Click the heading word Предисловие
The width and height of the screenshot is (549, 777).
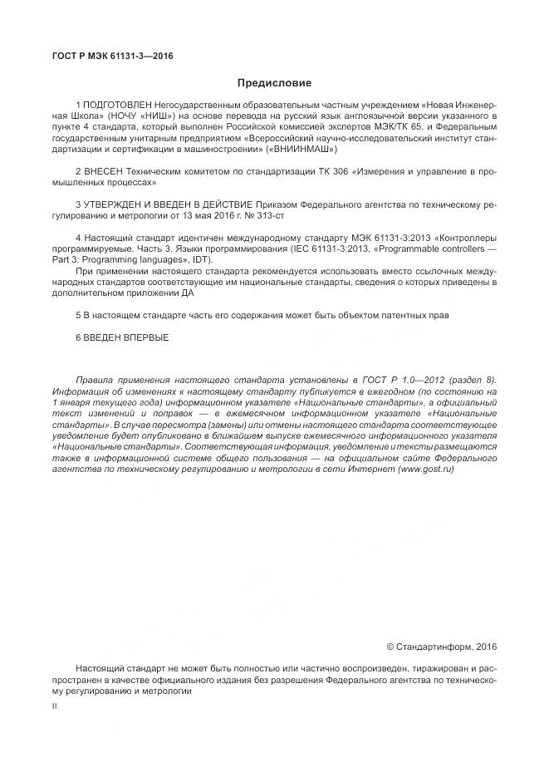[274, 83]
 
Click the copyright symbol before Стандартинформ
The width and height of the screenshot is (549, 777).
[390, 646]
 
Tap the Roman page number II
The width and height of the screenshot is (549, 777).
[54, 705]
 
